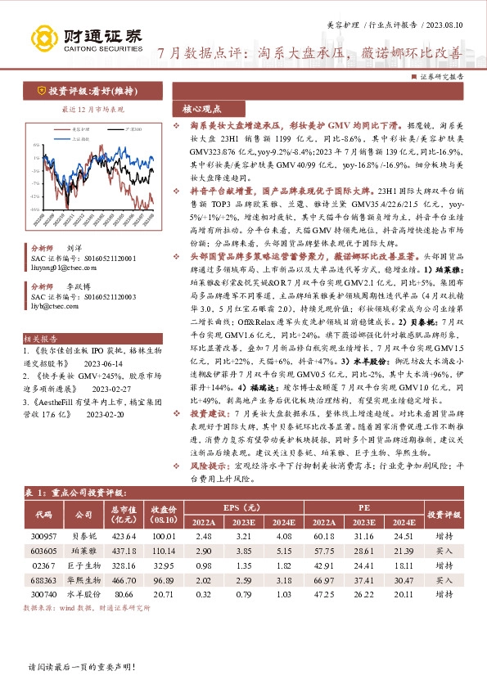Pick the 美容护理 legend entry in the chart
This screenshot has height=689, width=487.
click(x=79, y=129)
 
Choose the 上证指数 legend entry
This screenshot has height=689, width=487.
click(x=79, y=137)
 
